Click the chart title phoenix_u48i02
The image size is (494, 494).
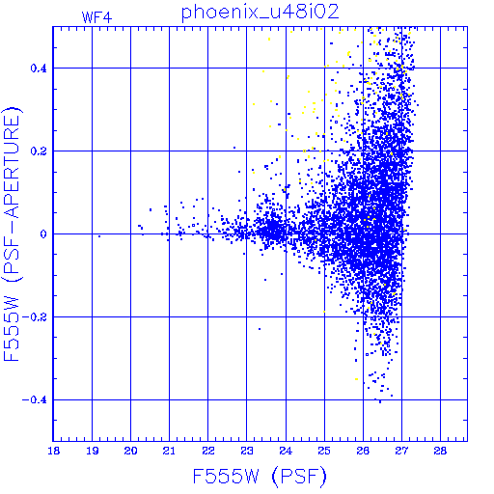261,13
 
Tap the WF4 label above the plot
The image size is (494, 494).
96,17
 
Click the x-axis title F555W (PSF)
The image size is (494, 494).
260,477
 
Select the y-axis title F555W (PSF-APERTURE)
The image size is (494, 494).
13,233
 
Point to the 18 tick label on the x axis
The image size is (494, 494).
54,451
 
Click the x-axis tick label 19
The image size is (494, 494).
93,451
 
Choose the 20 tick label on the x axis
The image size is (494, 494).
131,451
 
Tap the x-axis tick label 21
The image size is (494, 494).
169,451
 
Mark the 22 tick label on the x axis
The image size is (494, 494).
208,451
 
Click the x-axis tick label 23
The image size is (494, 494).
247,451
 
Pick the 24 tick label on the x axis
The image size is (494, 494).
286,451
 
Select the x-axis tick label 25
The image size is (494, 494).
324,451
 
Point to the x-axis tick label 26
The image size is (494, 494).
363,451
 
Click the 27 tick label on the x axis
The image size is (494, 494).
401,451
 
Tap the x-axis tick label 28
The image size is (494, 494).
440,451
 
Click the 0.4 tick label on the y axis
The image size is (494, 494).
39,69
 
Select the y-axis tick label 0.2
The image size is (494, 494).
39,151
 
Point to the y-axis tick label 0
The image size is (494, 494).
43,234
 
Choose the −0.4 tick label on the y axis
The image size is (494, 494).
35,400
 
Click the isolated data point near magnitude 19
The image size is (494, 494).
99,236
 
